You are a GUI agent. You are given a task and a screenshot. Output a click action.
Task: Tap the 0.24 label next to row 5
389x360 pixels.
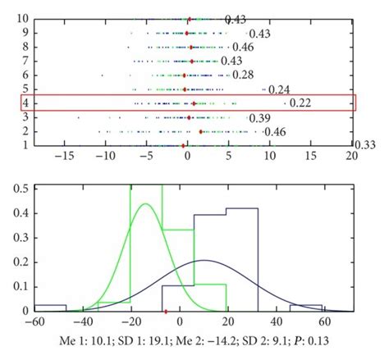tap(279, 90)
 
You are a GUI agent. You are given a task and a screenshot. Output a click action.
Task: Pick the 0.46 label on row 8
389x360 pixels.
tap(243, 48)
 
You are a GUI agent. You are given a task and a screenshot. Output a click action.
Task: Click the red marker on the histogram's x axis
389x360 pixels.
tap(167, 311)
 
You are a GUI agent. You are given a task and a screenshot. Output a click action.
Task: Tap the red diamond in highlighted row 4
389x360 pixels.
tap(194, 103)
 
